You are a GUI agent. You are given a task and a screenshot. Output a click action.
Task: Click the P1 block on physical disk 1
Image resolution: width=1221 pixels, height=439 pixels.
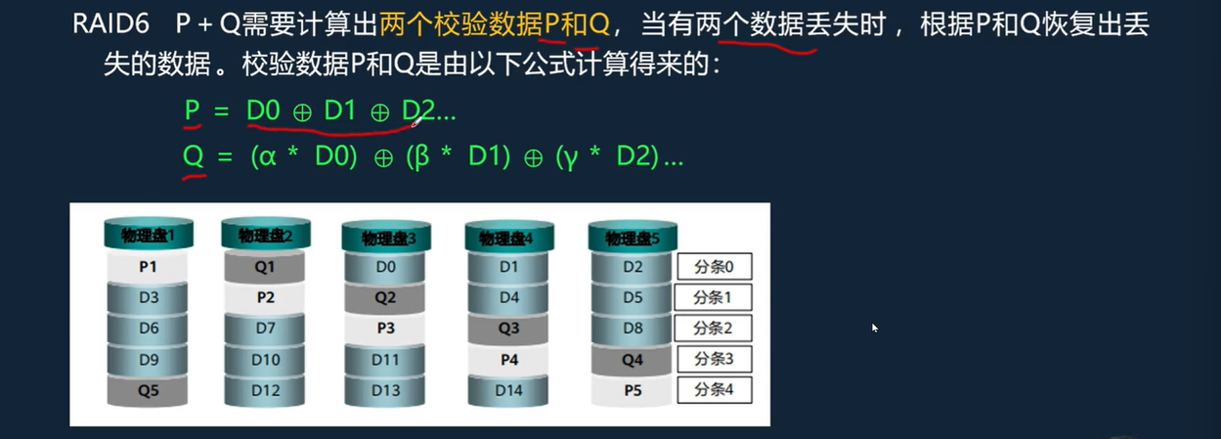coord(148,266)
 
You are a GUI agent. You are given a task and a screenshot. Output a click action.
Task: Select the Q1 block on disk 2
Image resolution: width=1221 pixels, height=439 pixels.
coord(265,266)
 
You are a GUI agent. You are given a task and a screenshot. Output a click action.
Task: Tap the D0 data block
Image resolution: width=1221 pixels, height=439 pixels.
coord(385,266)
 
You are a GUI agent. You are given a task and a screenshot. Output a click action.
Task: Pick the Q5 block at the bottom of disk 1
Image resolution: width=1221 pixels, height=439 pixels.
coord(148,390)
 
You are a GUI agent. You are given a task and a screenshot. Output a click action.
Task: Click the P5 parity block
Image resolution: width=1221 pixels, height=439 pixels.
coord(632,390)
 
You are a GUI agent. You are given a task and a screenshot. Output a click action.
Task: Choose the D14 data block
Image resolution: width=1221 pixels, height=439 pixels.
coord(508,390)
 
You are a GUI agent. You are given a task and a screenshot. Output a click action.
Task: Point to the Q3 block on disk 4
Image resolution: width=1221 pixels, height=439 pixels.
coord(508,329)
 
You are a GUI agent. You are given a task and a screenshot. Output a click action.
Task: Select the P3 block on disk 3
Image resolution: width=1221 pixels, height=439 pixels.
coord(385,329)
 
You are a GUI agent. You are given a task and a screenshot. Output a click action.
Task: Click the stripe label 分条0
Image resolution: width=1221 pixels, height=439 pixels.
coord(714,266)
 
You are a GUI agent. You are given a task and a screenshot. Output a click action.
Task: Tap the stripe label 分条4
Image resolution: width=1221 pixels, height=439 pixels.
coord(714,390)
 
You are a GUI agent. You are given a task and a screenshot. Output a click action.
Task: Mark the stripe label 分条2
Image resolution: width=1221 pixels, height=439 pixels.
coord(714,329)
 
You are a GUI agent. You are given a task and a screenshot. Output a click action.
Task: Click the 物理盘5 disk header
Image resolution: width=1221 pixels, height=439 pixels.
coord(632,238)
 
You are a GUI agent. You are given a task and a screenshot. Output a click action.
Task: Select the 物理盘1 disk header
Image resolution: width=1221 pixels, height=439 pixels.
coord(148,235)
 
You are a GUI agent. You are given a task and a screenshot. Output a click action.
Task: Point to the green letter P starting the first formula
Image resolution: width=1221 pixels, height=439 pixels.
coord(193,111)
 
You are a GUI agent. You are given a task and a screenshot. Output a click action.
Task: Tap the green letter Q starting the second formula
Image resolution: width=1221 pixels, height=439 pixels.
coord(194,156)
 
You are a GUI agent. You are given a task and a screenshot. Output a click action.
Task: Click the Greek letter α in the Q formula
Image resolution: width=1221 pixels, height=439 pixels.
coord(264,157)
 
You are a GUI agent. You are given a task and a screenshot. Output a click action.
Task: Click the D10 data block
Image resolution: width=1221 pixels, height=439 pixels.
coord(265,360)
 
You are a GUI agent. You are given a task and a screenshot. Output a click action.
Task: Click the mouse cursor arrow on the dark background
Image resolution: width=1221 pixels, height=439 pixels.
coord(875,328)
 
